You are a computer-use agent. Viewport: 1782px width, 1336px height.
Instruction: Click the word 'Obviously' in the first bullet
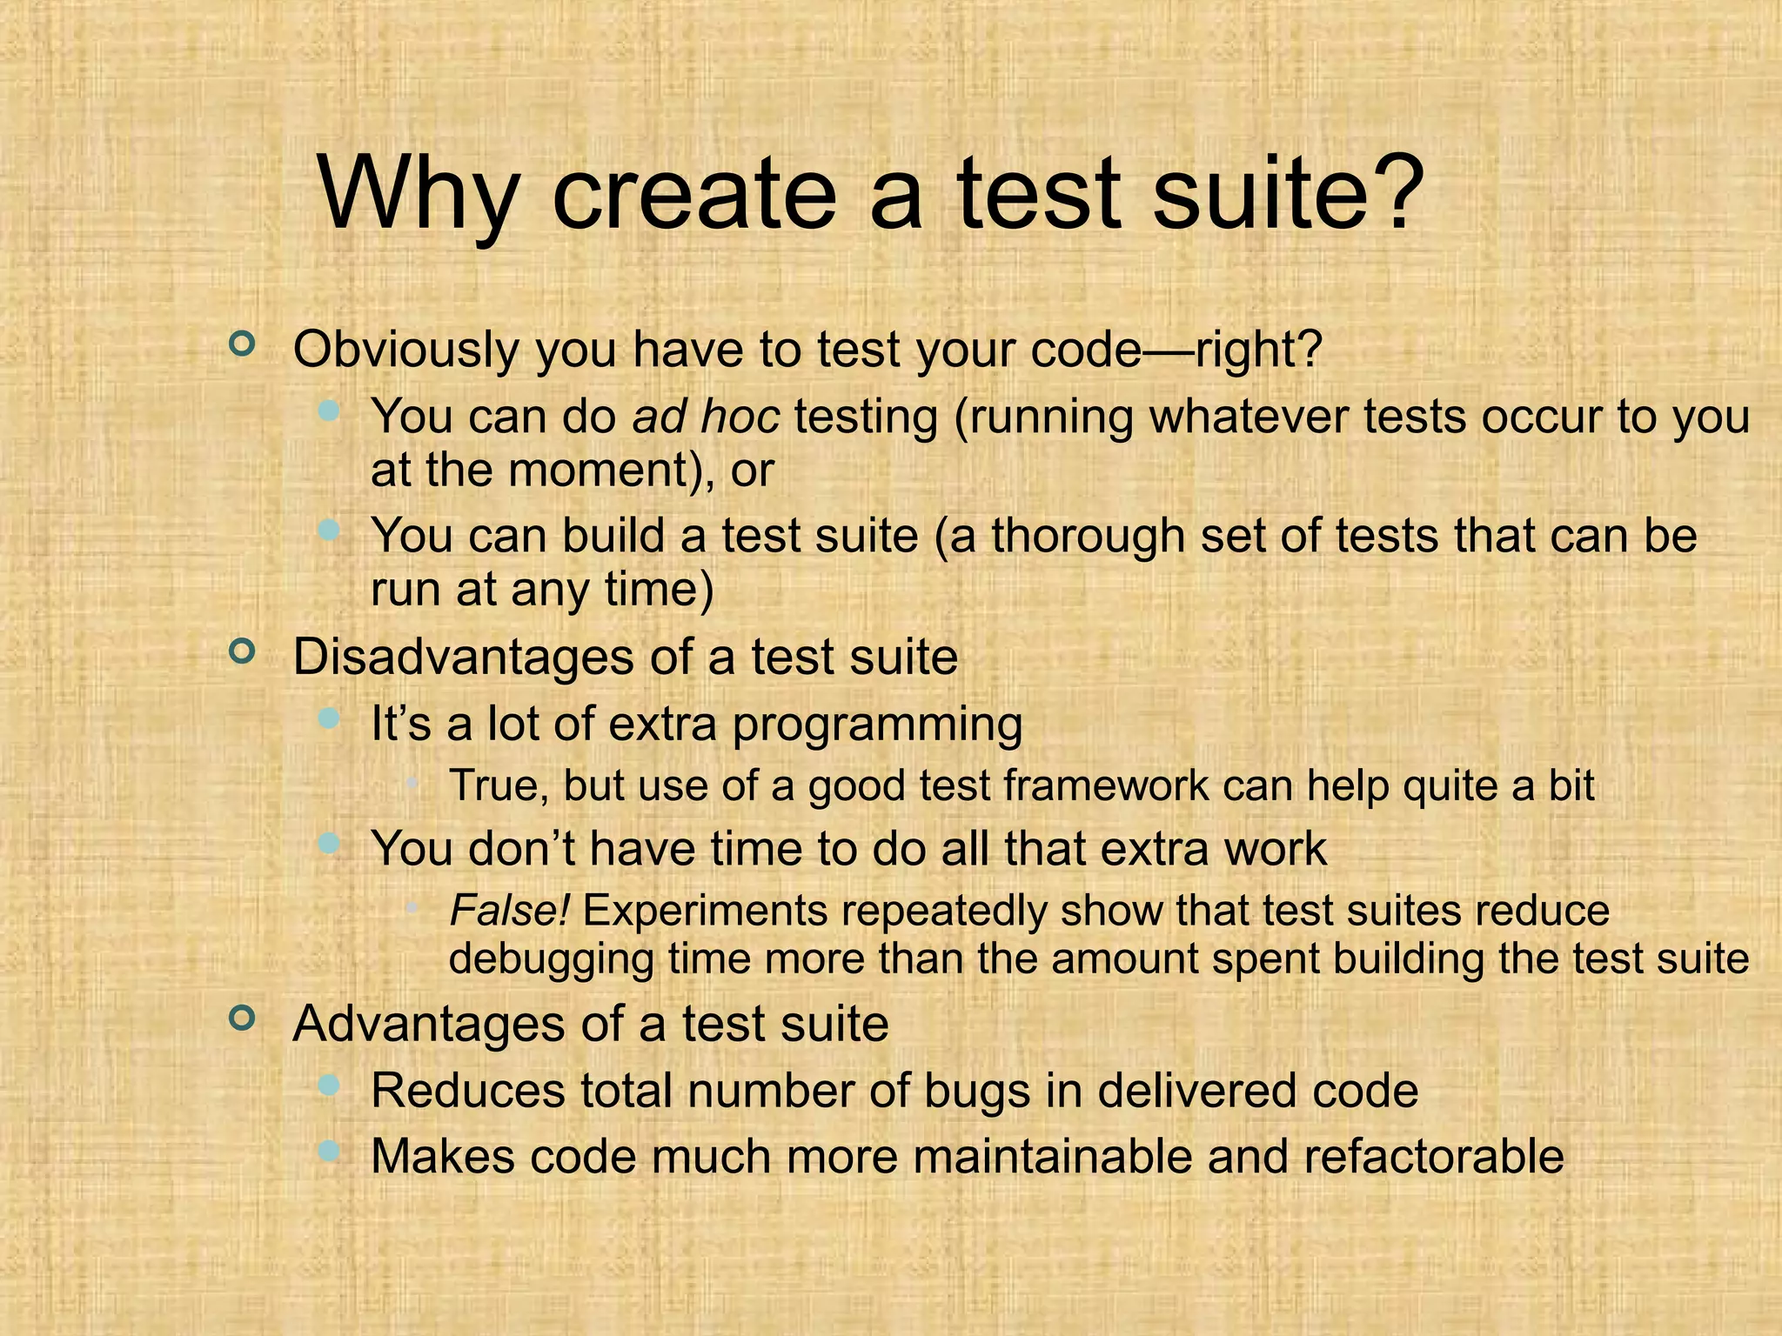pos(405,350)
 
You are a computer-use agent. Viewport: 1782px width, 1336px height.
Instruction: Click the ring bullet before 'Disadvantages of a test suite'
pos(242,651)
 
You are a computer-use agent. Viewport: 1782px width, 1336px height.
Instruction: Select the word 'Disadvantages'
pos(462,657)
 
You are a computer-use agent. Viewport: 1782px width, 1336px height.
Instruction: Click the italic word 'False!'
pos(509,911)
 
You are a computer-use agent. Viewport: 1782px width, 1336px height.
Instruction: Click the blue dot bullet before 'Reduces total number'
pos(328,1084)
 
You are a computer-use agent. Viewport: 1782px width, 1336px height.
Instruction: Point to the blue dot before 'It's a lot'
pos(328,718)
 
